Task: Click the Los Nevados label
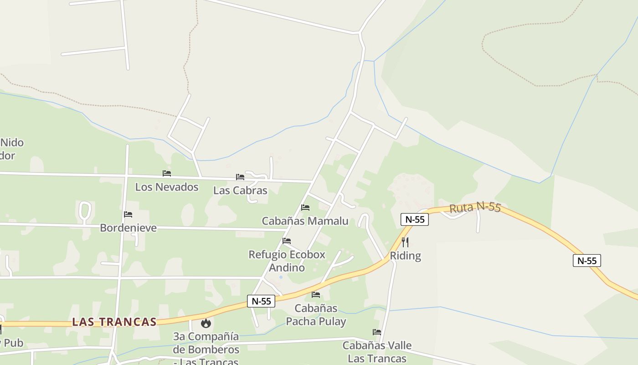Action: point(167,187)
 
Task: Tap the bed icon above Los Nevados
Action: point(167,173)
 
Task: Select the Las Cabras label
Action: point(240,190)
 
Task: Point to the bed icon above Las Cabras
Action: point(240,177)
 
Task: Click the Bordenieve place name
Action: point(128,228)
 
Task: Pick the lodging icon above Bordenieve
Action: point(128,214)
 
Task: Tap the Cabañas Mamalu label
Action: point(305,221)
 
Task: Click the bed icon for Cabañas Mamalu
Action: point(305,208)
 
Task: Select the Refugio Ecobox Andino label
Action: point(287,261)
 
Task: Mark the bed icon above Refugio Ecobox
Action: point(287,241)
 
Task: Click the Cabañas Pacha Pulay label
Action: point(316,315)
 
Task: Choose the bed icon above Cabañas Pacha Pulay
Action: point(316,295)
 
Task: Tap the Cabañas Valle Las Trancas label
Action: point(377,352)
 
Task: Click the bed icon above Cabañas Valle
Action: point(377,332)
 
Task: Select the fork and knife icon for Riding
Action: point(405,242)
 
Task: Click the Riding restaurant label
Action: point(405,256)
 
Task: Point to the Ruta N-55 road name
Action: point(475,208)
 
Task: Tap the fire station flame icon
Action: point(206,323)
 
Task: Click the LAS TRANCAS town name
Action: point(114,322)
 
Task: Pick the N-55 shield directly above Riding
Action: point(415,219)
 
